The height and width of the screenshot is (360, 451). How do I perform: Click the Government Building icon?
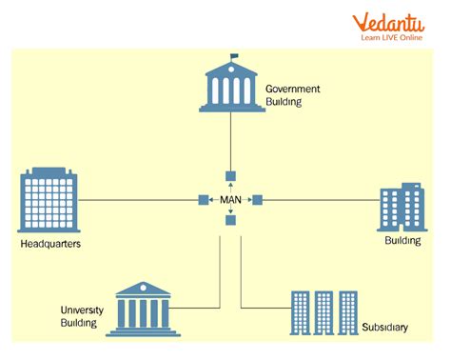[229, 85]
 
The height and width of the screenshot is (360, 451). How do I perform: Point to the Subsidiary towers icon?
[324, 310]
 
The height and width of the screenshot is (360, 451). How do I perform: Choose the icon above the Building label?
[401, 208]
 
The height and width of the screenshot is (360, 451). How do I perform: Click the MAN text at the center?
[230, 200]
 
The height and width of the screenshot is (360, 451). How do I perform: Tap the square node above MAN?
[229, 177]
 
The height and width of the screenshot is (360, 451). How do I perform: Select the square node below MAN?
[230, 221]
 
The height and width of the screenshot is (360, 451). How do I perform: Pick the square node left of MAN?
[203, 200]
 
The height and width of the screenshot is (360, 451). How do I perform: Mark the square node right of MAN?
[257, 200]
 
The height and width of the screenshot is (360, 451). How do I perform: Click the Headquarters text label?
[49, 245]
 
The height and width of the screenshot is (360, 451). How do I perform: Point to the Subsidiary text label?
[385, 328]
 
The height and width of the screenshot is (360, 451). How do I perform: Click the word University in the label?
[82, 310]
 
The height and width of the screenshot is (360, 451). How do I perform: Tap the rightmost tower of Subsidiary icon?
[348, 310]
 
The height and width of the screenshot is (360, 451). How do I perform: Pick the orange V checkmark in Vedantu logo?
[362, 21]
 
